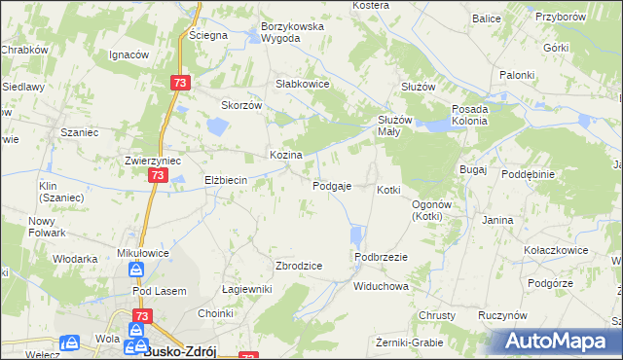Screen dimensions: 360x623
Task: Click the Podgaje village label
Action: click(x=332, y=186)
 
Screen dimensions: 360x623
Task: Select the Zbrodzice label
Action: click(x=299, y=266)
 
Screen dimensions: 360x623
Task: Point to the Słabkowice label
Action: click(x=304, y=84)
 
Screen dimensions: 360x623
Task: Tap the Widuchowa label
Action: click(x=381, y=287)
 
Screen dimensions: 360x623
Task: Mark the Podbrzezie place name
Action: click(x=381, y=256)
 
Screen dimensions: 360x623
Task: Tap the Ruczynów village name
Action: click(x=502, y=316)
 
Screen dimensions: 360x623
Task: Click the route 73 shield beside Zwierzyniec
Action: click(x=158, y=175)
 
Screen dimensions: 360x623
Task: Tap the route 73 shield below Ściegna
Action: click(x=178, y=84)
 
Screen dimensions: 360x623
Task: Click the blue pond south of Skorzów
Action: click(x=216, y=126)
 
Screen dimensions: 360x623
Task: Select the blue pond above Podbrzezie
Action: click(x=355, y=235)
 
